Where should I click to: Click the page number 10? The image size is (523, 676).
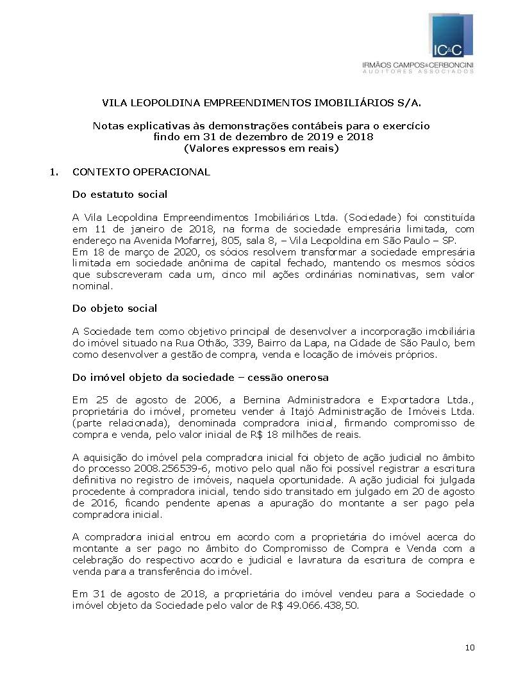point(470,648)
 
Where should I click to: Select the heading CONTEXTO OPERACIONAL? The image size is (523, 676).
point(141,172)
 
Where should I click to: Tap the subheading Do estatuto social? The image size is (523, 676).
point(120,194)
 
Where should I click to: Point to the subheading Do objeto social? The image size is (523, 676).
point(115,308)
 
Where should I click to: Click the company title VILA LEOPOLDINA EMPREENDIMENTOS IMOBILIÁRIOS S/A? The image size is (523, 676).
point(261,102)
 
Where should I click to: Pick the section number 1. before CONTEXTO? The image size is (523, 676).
point(54,172)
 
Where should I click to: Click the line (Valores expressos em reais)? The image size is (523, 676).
point(261,149)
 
